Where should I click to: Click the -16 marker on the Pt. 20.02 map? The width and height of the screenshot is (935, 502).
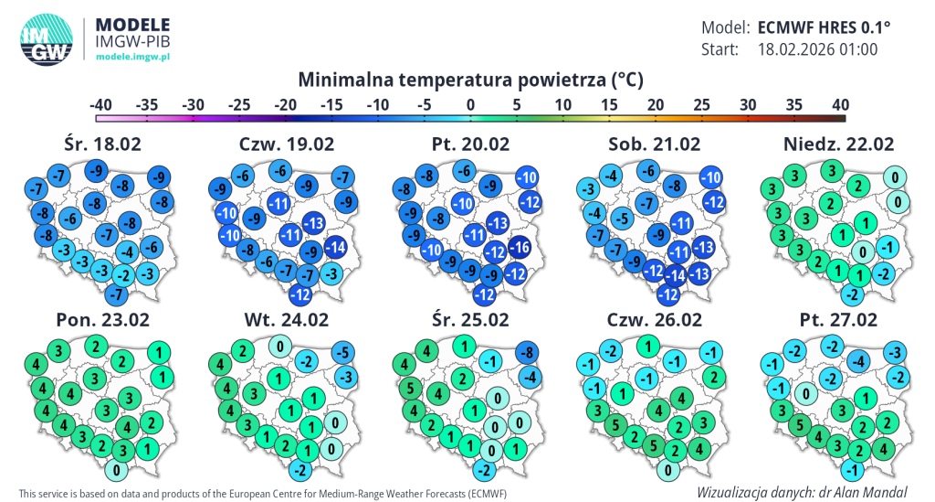pos(520,246)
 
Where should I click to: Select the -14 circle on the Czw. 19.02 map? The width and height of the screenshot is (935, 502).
pos(335,246)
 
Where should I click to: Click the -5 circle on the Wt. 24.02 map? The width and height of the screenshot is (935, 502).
pos(342,353)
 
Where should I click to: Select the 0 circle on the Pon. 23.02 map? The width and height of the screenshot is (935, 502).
pos(116,471)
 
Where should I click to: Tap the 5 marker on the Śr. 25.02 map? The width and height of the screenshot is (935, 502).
pos(412,386)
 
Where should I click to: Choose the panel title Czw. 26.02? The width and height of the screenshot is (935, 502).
pos(654,320)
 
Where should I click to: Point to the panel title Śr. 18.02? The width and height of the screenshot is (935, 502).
pos(102,144)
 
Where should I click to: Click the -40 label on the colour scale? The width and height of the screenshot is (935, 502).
pos(100,105)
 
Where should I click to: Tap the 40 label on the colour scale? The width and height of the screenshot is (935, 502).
pos(840,105)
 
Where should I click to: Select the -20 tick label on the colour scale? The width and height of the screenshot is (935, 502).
pos(286,105)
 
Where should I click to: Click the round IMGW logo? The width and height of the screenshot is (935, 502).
pos(47,40)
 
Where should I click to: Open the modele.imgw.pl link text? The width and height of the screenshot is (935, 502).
pos(134,57)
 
